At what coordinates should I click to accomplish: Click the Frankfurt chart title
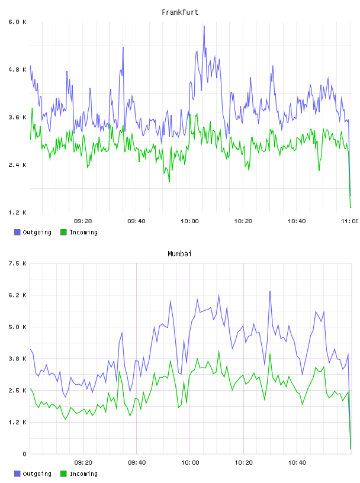point(180,12)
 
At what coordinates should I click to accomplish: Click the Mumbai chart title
point(179,254)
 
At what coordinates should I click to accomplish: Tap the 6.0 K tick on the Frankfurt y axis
point(17,22)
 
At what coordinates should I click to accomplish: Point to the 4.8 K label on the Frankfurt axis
point(17,70)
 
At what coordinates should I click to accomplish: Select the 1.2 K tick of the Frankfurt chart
point(17,212)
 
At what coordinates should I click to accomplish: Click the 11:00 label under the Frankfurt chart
point(350,221)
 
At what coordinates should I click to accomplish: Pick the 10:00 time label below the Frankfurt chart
point(189,221)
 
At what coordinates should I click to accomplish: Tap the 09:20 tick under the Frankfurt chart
point(83,221)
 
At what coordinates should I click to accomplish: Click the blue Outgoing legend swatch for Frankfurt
point(17,232)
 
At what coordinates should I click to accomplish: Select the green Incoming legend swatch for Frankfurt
point(63,232)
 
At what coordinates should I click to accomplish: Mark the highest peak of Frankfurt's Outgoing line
point(204,26)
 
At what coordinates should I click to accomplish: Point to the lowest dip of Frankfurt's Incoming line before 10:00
point(169,182)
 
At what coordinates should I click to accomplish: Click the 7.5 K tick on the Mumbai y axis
point(17,263)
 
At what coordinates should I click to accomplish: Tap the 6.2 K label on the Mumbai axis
point(17,295)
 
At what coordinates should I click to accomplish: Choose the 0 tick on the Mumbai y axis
point(24,454)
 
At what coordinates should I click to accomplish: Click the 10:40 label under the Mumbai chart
point(297,463)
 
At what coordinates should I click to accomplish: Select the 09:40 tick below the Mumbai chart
point(137,463)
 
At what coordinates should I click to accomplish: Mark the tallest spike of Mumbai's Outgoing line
point(270,291)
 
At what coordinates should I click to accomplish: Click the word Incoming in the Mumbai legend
point(83,474)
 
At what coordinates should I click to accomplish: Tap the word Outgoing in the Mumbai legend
point(37,474)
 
